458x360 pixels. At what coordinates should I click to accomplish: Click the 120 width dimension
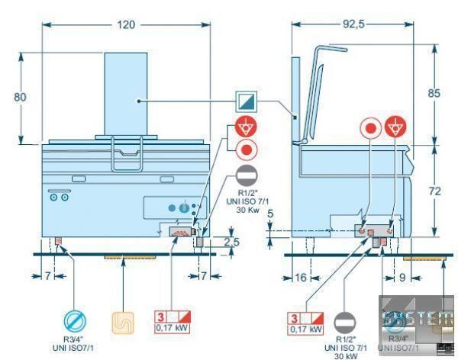click(x=127, y=24)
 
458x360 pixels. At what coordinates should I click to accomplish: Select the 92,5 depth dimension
click(x=352, y=24)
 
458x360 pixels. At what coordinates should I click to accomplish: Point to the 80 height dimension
click(x=21, y=97)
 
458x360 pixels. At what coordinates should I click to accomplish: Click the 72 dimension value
click(x=434, y=192)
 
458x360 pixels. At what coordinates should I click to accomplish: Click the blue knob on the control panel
click(x=182, y=206)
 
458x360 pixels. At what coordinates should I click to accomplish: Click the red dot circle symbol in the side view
click(x=371, y=127)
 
